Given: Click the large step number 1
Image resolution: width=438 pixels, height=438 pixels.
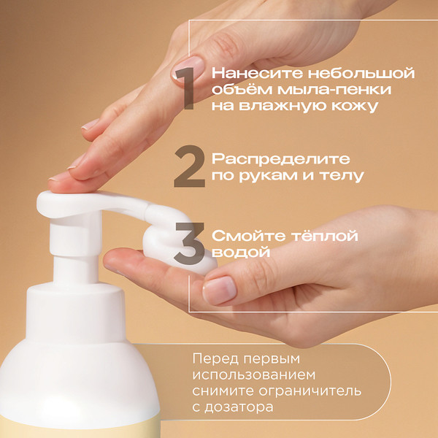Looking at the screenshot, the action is coord(185,88).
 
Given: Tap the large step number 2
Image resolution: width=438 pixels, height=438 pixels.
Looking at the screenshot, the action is coord(190,166).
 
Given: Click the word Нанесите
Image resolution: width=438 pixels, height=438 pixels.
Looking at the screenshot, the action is coord(257,73).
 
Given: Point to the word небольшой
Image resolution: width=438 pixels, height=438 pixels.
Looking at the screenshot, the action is coord(361,73).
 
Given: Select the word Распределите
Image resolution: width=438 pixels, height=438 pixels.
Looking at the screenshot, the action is coord(281,160).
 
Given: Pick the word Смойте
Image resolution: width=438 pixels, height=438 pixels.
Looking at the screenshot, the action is coord(249,236).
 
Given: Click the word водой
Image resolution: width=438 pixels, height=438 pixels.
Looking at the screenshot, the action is coord(241,253).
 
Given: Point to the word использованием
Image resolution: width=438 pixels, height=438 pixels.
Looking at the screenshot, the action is coord(253,375).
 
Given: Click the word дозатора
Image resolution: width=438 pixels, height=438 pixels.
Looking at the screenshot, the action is coord(239,407).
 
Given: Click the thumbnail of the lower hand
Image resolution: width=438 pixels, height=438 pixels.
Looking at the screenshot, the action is coord(220,291).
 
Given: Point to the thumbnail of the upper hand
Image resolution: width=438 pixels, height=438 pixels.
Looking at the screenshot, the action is coord(188,68).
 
